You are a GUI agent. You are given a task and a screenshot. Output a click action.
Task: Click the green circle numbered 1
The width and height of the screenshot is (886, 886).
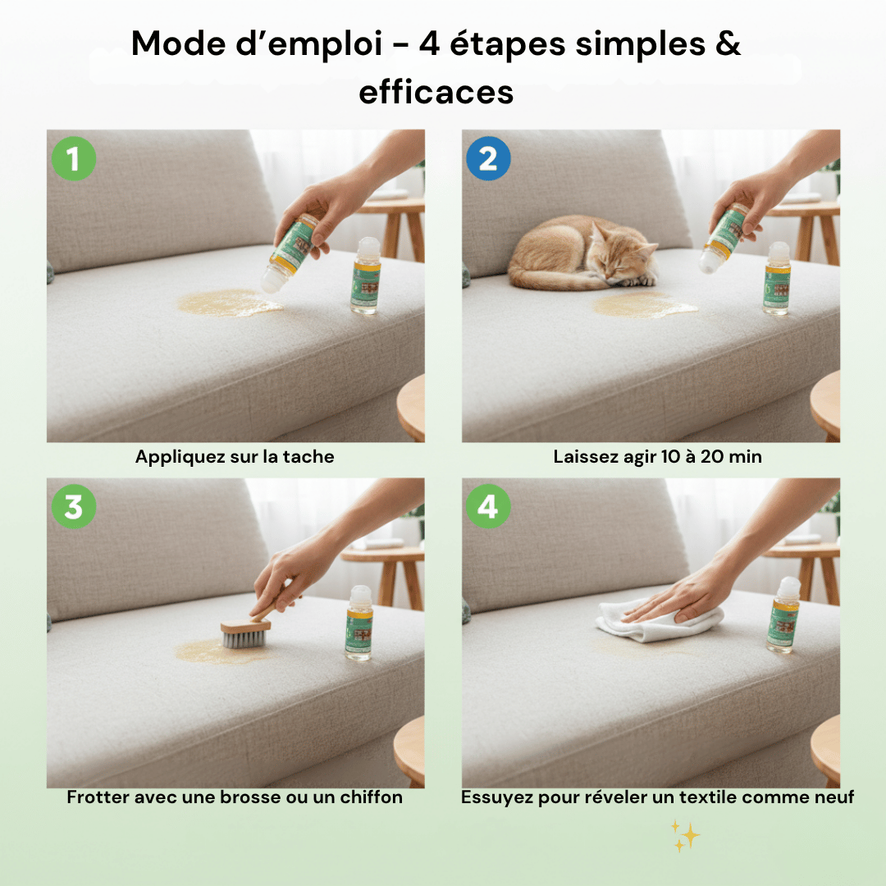[74, 159]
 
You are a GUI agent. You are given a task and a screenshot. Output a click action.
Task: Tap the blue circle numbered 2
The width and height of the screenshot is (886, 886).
[488, 159]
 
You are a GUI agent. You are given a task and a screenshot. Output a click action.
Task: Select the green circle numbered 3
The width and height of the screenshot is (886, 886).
[74, 507]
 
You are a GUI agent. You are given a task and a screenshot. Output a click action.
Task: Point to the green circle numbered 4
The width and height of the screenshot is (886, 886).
[488, 507]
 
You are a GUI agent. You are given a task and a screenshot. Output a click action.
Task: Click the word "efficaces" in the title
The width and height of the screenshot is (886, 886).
[436, 92]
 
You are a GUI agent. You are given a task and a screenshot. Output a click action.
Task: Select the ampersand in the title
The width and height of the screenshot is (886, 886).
[727, 43]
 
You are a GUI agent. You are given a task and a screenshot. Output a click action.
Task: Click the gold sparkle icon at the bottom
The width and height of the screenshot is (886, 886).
[685, 835]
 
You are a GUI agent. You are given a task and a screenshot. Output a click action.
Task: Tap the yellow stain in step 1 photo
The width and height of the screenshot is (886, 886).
[230, 304]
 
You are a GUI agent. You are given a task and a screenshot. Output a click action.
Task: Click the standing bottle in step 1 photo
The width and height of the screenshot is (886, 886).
[365, 276]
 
